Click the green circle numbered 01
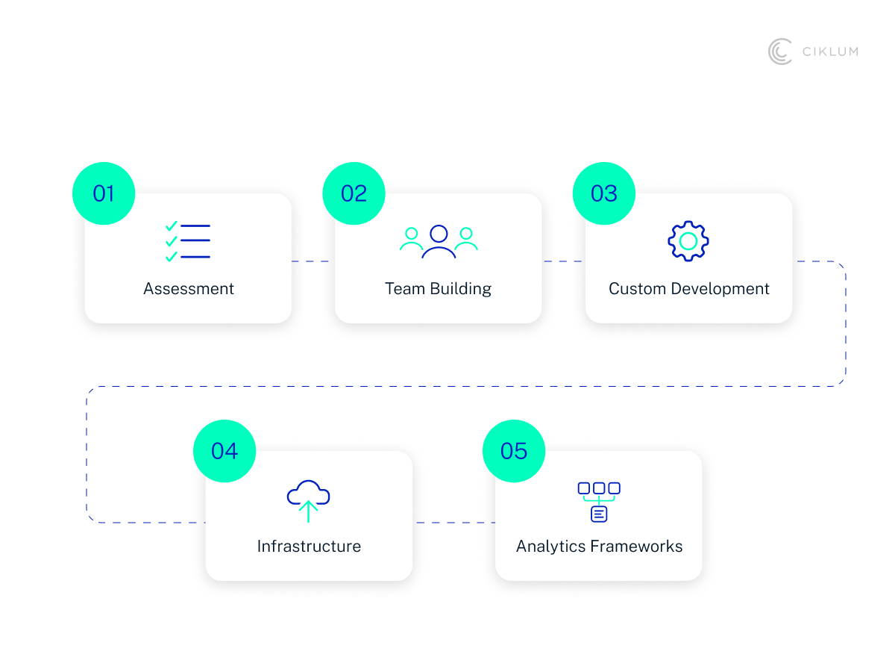click(x=104, y=193)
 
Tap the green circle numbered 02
click(x=354, y=193)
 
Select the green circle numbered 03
click(x=604, y=193)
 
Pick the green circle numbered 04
click(x=224, y=451)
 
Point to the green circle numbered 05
click(x=514, y=451)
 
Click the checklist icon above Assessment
click(x=188, y=241)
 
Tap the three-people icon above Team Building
click(x=439, y=241)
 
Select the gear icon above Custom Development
click(x=688, y=240)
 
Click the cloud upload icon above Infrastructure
click(x=308, y=500)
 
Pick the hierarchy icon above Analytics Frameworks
click(x=599, y=501)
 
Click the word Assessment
click(x=189, y=289)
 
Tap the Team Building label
click(x=439, y=289)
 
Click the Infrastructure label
click(x=309, y=547)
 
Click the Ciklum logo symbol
click(x=780, y=52)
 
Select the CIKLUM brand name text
click(x=830, y=52)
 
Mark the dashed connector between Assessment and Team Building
click(x=313, y=261)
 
